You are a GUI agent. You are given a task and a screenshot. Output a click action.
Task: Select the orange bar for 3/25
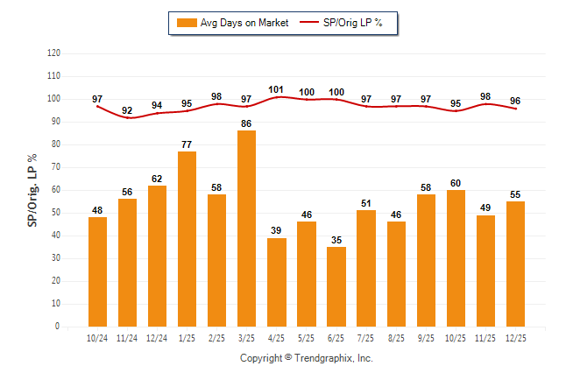point(247,229)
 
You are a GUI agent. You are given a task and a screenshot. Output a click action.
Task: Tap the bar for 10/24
point(98,271)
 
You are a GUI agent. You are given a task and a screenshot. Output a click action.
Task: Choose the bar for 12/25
point(515,264)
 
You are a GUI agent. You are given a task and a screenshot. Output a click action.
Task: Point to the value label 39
point(277,231)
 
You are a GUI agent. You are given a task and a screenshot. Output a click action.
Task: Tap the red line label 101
point(277,88)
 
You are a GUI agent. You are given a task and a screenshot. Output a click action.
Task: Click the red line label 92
point(128,110)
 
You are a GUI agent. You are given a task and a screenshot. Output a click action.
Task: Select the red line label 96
point(515,100)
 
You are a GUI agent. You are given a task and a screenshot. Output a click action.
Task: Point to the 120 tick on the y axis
point(54,53)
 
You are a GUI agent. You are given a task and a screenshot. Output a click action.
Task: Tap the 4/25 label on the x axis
point(277,338)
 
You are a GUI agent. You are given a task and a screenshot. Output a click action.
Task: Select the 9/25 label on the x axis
point(426,338)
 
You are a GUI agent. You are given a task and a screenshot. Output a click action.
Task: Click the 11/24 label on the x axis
point(128,338)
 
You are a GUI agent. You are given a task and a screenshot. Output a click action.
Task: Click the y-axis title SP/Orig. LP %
point(32,189)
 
